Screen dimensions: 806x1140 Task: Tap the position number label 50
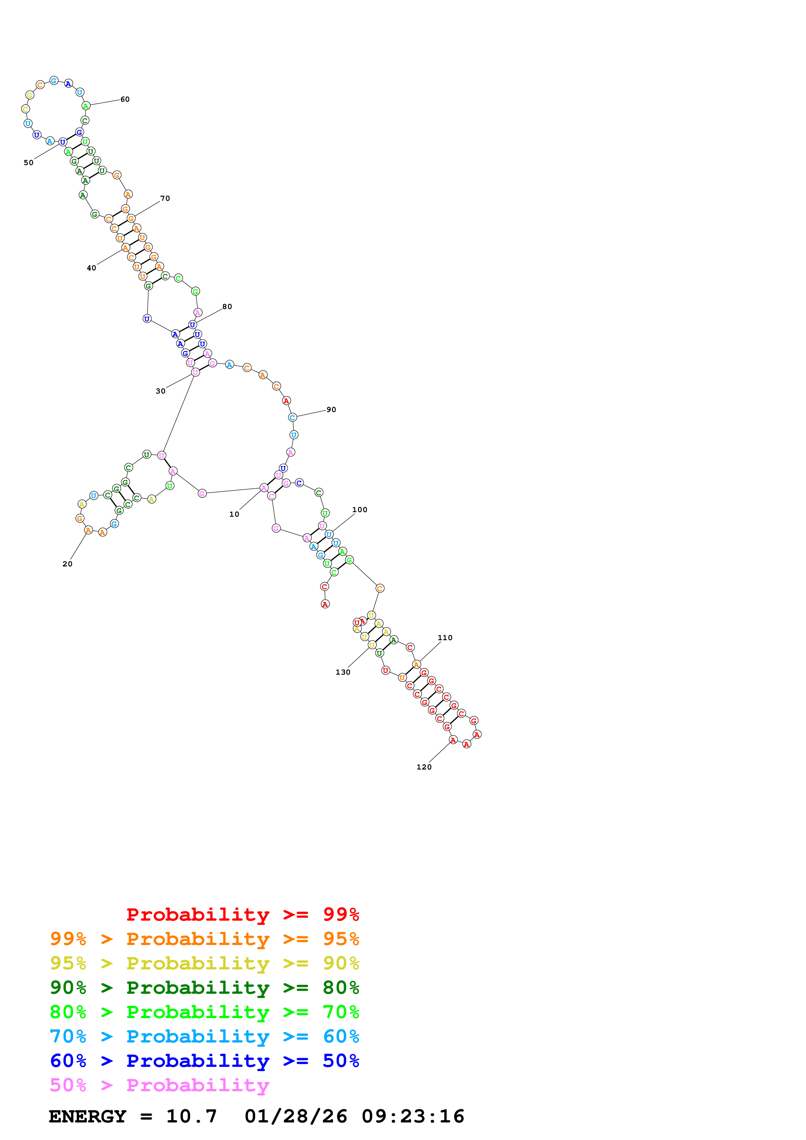28,163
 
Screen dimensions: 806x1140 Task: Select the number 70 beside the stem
165,199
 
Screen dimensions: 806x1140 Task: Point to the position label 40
91,268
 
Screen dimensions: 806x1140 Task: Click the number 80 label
227,307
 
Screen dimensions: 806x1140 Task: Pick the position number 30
160,391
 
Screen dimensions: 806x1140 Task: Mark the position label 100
360,510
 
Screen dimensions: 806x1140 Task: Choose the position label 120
424,767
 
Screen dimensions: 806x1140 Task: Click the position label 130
343,672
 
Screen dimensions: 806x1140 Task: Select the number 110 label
445,638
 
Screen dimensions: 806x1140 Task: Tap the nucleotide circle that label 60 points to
86,106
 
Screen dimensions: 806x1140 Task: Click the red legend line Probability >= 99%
242,914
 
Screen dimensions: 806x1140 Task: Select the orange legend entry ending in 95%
204,939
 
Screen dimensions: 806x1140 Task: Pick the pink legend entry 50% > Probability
159,1085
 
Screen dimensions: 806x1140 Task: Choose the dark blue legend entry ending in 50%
204,1061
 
